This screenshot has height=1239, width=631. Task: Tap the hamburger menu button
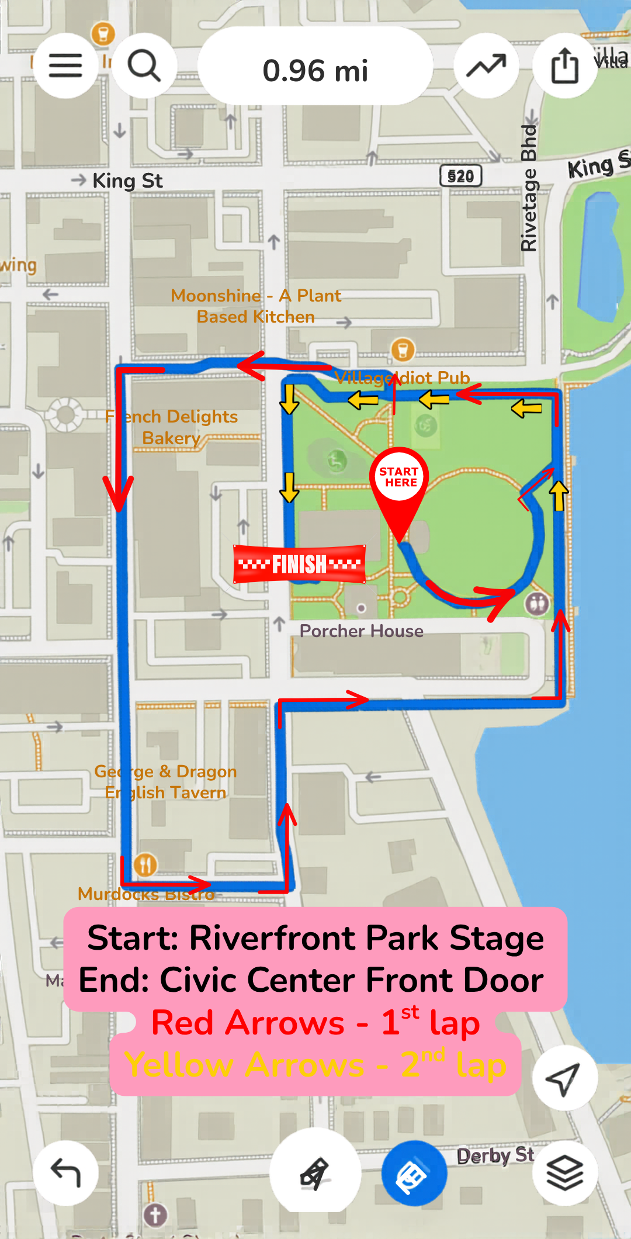pyautogui.click(x=65, y=65)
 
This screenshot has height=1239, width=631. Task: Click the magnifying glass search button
pyautogui.click(x=144, y=65)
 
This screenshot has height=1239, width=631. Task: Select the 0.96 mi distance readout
pyautogui.click(x=315, y=70)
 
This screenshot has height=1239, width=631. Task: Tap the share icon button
pyautogui.click(x=564, y=65)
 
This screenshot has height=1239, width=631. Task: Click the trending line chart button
pyautogui.click(x=486, y=65)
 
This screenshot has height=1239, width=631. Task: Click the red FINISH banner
pyautogui.click(x=299, y=564)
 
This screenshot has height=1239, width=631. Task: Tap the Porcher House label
pyautogui.click(x=361, y=631)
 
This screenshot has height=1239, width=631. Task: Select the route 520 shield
pyautogui.click(x=460, y=176)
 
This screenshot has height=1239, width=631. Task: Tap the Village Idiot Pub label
pyautogui.click(x=403, y=378)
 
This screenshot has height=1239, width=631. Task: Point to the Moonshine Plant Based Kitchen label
pyautogui.click(x=256, y=306)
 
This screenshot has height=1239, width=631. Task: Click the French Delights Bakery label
pyautogui.click(x=172, y=427)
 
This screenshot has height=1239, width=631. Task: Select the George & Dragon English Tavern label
pyautogui.click(x=166, y=782)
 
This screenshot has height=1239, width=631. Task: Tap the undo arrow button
pyautogui.click(x=65, y=1172)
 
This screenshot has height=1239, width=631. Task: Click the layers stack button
pyautogui.click(x=564, y=1172)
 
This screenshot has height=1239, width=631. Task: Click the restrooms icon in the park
pyautogui.click(x=537, y=603)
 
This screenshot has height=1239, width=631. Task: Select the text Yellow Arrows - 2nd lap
pyautogui.click(x=315, y=1065)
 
